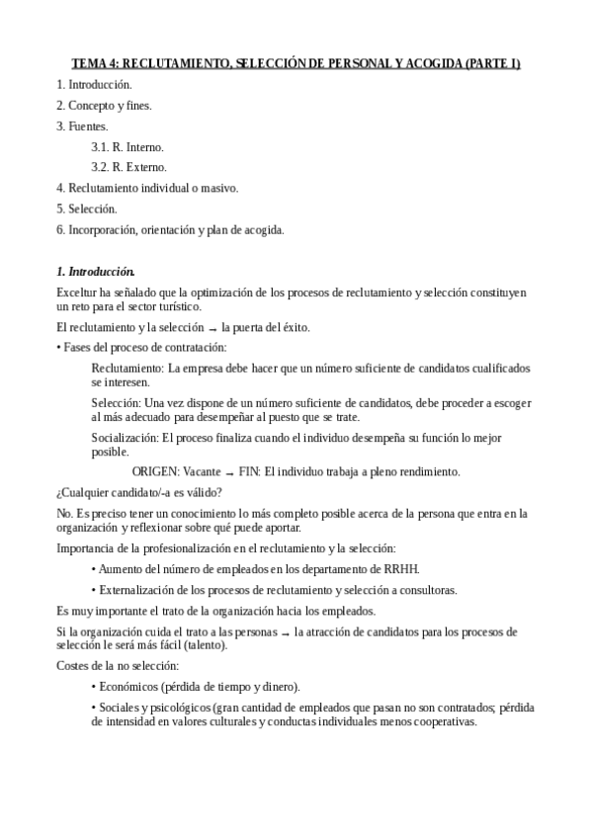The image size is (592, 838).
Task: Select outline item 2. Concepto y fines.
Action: coord(104,105)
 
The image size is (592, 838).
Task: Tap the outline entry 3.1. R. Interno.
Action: coord(127,146)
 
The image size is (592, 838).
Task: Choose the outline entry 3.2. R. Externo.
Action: coord(129,167)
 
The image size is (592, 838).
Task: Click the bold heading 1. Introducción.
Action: coord(96,271)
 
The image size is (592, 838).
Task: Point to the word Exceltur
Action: coord(78,293)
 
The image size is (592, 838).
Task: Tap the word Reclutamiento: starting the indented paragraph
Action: coord(127,369)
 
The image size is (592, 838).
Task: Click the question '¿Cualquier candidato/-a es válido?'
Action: coord(139,492)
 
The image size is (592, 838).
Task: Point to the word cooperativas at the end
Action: coord(444,721)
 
